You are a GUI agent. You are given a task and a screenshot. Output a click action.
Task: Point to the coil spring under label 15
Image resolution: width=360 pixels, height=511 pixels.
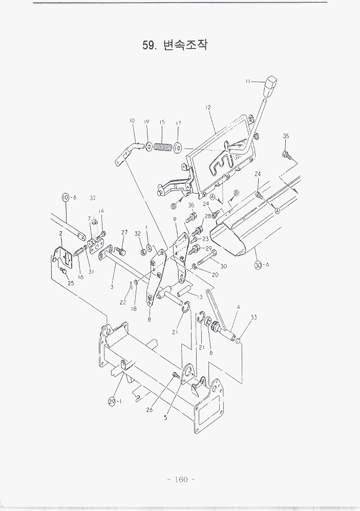click(162, 147)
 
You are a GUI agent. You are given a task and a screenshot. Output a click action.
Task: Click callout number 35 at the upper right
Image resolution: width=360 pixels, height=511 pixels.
click(286, 136)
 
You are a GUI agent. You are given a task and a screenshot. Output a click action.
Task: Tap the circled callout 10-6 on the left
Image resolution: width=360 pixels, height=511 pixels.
click(69, 198)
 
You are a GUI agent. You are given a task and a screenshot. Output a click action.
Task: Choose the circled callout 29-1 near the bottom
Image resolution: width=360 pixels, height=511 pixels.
click(115, 401)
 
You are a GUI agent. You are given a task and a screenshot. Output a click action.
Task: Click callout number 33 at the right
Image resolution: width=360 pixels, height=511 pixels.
click(253, 317)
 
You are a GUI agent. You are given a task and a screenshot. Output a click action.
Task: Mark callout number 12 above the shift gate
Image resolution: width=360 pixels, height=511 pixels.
click(208, 108)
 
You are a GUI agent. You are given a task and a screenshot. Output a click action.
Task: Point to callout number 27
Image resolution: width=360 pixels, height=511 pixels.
click(124, 232)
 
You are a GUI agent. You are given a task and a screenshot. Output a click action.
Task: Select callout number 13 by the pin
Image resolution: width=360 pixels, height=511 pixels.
click(199, 297)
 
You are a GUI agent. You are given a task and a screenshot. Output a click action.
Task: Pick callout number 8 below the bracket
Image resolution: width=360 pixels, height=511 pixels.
click(149, 319)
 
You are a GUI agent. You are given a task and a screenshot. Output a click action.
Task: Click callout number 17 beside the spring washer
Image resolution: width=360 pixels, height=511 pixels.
click(178, 123)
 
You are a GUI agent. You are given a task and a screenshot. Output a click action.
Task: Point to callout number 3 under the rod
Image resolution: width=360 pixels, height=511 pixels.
click(112, 287)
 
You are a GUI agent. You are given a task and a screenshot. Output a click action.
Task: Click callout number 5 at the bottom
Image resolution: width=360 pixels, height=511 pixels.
click(166, 417)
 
